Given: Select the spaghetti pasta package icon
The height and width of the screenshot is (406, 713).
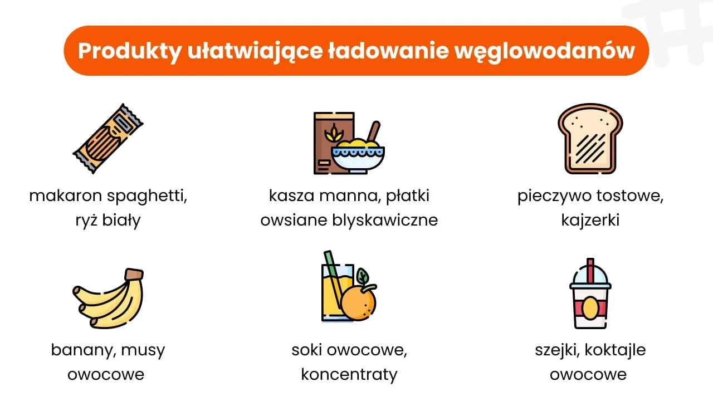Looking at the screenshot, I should pos(108,138).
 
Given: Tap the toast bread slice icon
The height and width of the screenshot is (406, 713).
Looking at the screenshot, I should pos(590,138).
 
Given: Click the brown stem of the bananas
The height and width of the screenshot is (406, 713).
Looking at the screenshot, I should pos(134,275).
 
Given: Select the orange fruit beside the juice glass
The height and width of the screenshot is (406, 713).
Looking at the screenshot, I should pos(358,304).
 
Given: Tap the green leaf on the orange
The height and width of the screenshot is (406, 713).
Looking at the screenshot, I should pos(363,276).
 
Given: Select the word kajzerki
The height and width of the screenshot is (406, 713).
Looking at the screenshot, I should pos(590,220).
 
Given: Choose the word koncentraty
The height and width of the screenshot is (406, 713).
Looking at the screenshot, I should pos(349,374).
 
